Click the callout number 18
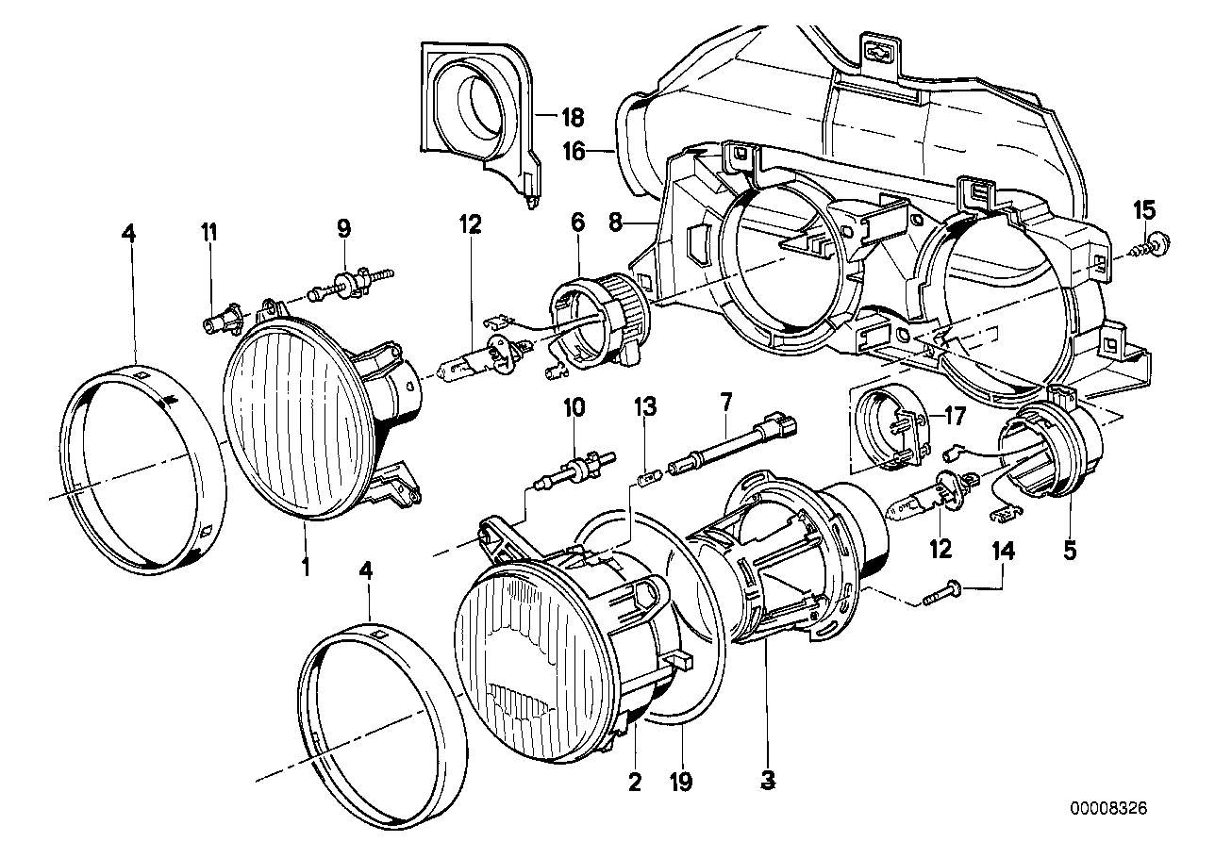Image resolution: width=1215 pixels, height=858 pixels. (x=573, y=118)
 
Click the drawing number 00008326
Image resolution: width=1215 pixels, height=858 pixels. (x=1111, y=809)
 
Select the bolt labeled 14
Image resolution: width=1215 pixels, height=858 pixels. (x=940, y=594)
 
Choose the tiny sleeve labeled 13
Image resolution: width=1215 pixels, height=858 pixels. (x=646, y=476)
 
